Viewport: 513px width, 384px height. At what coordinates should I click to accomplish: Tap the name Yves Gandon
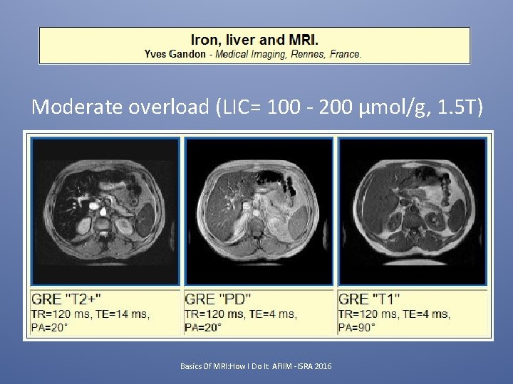174,54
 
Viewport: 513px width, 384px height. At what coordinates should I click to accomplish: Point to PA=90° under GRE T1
357,327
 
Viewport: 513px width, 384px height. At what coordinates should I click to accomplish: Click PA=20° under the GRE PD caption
203,327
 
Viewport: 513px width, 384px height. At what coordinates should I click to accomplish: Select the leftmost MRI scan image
105,212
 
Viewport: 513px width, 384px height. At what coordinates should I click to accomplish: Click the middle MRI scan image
259,212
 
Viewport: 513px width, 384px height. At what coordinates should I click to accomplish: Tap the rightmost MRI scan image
412,212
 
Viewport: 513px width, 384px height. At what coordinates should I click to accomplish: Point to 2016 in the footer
323,366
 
